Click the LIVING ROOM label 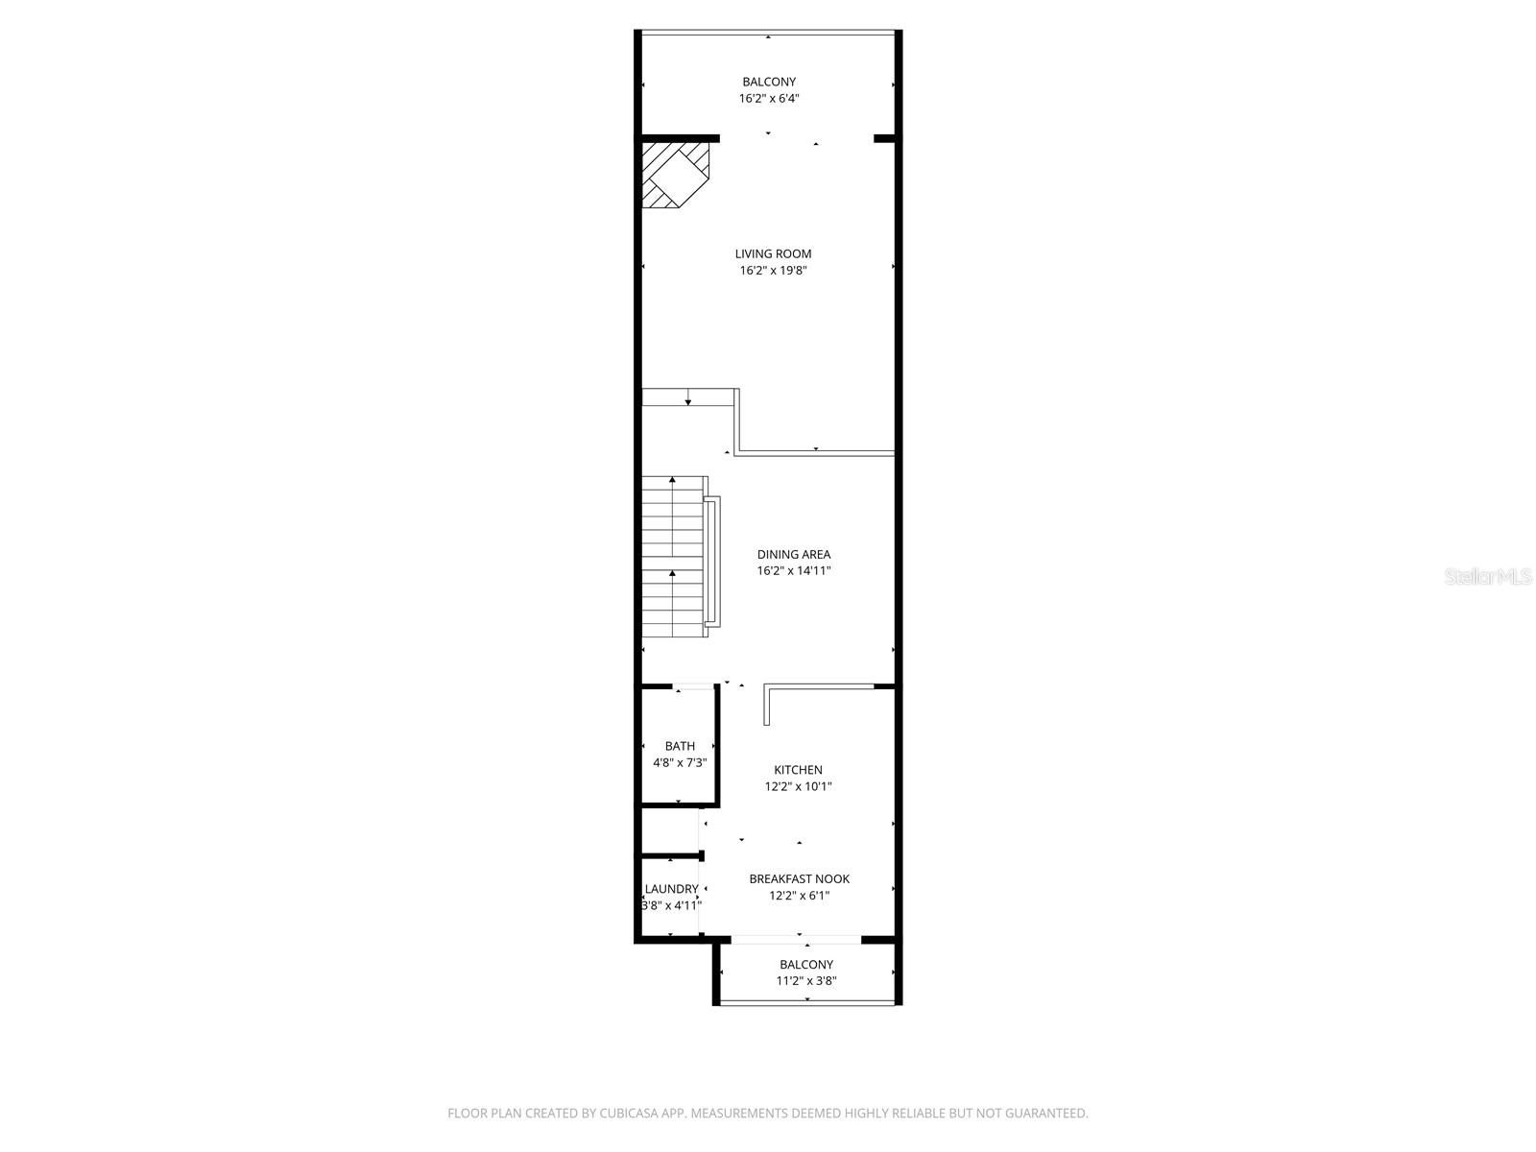point(773,253)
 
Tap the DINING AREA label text point(793,554)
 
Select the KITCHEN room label point(798,769)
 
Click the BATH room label point(680,746)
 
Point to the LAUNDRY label point(671,889)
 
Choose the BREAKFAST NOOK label point(799,878)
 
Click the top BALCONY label point(768,82)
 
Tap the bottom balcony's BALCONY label point(805,964)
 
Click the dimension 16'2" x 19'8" point(773,271)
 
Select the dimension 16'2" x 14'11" point(793,571)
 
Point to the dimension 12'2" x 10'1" point(798,786)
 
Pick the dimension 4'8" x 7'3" point(680,763)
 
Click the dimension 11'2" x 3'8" point(805,981)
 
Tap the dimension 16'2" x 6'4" point(768,98)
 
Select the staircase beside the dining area point(674,557)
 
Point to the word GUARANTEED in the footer point(1048,1114)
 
